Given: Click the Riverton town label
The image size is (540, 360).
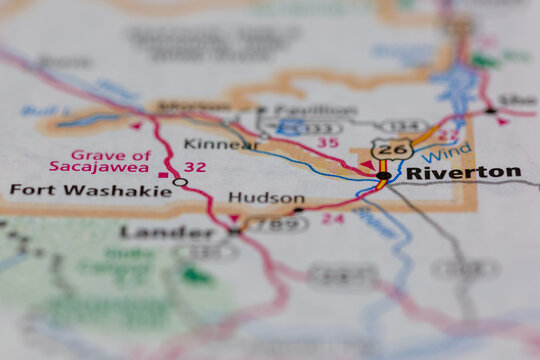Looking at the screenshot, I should coord(463,173).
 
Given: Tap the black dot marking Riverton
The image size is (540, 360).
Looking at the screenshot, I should coord(383,176).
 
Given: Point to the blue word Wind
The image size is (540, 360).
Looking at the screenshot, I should coord(446,153).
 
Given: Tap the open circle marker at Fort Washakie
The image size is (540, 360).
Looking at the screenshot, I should coord(179,182).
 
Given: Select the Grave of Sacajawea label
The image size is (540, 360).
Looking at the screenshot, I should coord(100,161).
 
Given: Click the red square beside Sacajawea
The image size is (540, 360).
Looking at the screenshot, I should coord(164,174).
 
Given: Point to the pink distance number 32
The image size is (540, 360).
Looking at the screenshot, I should coord(195,167).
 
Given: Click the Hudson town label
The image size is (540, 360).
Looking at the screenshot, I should coord(266,198).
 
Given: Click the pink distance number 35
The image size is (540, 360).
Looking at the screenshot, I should coord(328,143).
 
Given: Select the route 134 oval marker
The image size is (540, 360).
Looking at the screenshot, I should coord(403,126).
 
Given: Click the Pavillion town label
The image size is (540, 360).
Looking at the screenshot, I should coord(315,111).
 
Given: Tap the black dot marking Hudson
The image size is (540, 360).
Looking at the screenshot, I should coord(297,210).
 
